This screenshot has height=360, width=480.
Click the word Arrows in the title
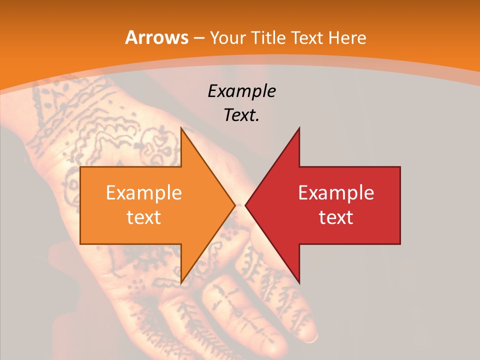156,38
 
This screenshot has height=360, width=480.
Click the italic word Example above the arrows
242,91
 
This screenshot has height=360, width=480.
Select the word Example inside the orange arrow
144,193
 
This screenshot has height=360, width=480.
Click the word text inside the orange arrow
144,217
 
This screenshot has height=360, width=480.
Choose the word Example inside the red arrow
336,193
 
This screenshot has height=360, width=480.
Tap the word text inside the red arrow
336,217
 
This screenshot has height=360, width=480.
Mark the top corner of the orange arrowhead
181,127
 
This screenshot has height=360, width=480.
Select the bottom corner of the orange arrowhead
181,283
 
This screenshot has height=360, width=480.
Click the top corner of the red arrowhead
299,128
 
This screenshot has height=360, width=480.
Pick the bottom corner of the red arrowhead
299,283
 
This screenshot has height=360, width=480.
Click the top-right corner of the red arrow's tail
400,167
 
